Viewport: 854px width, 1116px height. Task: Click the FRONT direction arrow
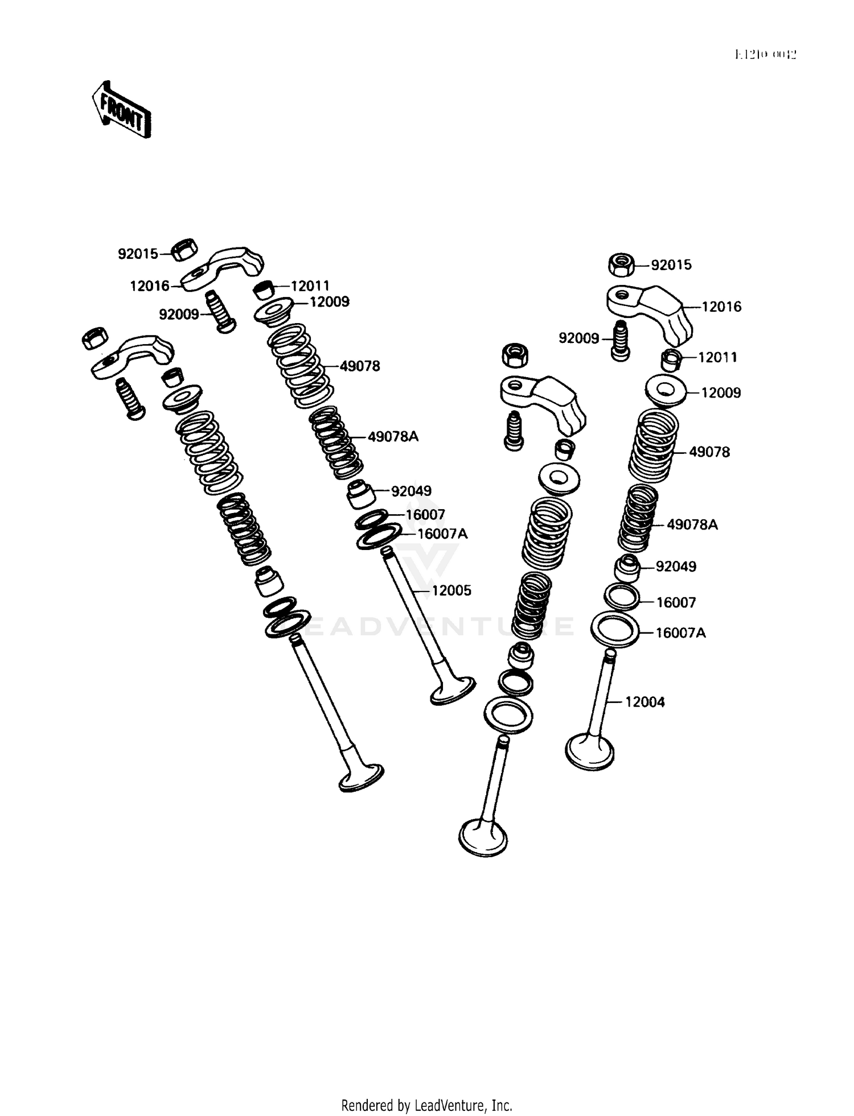pyautogui.click(x=122, y=110)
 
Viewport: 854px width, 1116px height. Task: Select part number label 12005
pyautogui.click(x=451, y=591)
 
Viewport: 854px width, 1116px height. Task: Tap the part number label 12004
pyautogui.click(x=644, y=702)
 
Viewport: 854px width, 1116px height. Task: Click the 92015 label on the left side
pyautogui.click(x=138, y=254)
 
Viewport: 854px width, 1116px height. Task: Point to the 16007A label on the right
pyautogui.click(x=680, y=633)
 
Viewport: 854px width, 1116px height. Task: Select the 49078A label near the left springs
pyautogui.click(x=393, y=437)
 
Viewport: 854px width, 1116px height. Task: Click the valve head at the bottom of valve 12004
pyautogui.click(x=589, y=752)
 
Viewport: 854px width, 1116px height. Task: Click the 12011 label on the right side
pyautogui.click(x=717, y=358)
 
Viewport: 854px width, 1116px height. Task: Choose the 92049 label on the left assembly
pyautogui.click(x=410, y=491)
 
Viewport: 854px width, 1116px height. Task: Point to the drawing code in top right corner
pyautogui.click(x=765, y=55)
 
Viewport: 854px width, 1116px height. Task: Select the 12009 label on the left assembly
pyautogui.click(x=329, y=302)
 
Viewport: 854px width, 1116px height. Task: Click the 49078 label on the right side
pyautogui.click(x=709, y=453)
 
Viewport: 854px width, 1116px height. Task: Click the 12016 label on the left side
pyautogui.click(x=150, y=286)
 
